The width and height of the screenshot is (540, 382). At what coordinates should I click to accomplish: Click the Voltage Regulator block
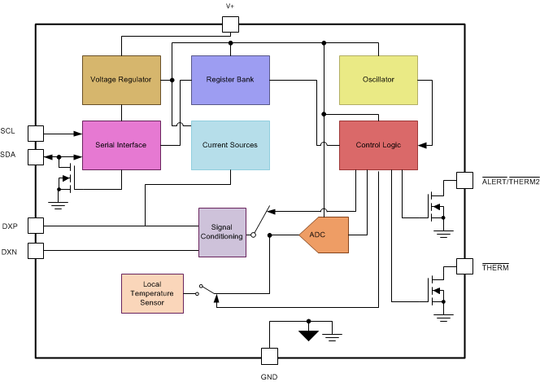121,80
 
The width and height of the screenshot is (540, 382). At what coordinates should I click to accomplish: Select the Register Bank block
230,80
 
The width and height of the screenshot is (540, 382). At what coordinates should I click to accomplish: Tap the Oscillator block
378,80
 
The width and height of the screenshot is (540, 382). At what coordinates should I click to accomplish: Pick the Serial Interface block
121,145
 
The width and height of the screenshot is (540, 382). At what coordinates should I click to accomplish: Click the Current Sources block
230,145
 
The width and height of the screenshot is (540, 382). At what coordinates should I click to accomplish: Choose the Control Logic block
378,145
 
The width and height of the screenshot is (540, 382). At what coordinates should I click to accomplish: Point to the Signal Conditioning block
222,232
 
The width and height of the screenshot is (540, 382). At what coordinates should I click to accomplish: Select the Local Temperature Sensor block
152,293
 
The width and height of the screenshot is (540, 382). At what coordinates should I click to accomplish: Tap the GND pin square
268,356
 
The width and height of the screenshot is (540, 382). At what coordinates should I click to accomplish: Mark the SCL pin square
36,132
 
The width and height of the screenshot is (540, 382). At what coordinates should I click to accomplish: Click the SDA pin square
36,156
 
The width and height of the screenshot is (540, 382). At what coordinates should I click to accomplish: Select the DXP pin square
36,226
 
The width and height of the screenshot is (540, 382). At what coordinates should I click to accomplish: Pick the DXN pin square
36,251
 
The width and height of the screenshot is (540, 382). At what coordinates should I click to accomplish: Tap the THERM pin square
464,266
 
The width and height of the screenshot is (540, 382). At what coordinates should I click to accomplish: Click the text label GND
268,375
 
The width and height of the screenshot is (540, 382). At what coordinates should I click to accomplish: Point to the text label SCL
8,130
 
